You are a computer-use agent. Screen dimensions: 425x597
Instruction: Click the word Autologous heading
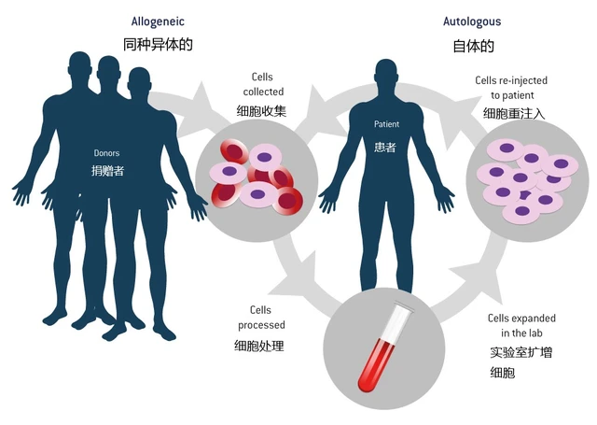[473, 19]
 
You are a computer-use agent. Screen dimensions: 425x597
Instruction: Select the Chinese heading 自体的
[473, 45]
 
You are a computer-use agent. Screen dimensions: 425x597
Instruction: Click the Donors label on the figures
[107, 152]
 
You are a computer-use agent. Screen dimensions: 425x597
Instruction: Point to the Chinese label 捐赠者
[107, 173]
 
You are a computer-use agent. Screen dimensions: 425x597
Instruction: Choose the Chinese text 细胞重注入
[514, 113]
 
